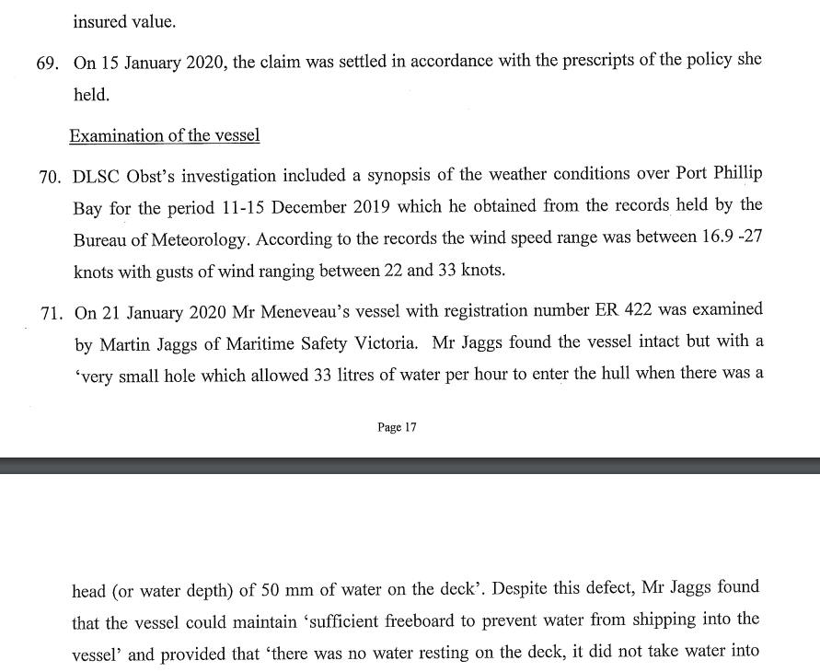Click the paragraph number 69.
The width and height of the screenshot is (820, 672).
[50, 61]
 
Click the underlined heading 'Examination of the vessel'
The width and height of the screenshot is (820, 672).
[164, 136]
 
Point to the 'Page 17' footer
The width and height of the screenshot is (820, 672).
[397, 428]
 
